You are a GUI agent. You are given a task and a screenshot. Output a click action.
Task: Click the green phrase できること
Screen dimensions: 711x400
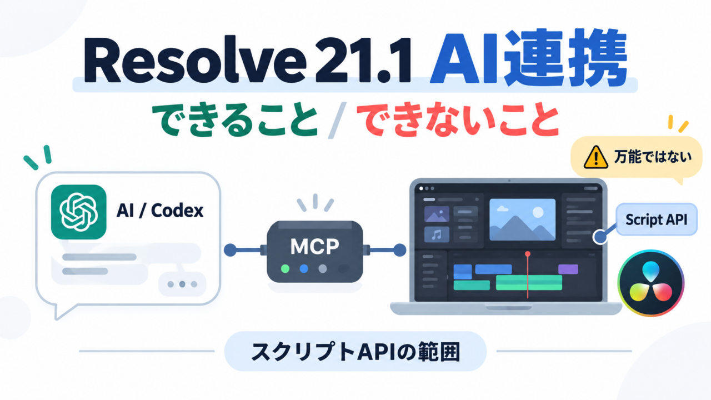pyautogui.click(x=236, y=119)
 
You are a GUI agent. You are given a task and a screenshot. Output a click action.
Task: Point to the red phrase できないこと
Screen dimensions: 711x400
pyautogui.click(x=457, y=119)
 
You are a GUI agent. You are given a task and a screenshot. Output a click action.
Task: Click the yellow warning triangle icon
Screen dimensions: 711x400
pyautogui.click(x=596, y=157)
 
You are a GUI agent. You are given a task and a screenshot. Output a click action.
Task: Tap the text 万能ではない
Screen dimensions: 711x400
pyautogui.click(x=653, y=157)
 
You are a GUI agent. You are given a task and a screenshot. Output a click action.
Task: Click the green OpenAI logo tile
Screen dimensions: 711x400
pyautogui.click(x=79, y=212)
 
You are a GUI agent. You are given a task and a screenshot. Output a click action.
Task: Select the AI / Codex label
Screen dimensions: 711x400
pyautogui.click(x=160, y=210)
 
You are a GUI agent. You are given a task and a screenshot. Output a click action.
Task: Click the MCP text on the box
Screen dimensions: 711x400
pyautogui.click(x=314, y=247)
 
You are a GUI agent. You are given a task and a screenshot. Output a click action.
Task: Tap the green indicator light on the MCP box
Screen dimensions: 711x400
pyautogui.click(x=286, y=268)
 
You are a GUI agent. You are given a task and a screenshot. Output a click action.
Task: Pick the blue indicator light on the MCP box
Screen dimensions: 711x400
pyautogui.click(x=304, y=268)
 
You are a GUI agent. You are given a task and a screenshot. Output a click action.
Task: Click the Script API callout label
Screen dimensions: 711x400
pyautogui.click(x=657, y=219)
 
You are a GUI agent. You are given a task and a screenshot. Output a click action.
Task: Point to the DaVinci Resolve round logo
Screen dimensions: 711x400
pyautogui.click(x=650, y=283)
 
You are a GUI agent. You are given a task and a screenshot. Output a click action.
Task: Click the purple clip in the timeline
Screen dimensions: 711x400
pyautogui.click(x=568, y=269)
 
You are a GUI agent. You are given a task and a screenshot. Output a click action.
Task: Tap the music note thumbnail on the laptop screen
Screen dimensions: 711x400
pyautogui.click(x=437, y=234)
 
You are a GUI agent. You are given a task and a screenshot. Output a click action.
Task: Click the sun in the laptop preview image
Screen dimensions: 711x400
pyautogui.click(x=538, y=212)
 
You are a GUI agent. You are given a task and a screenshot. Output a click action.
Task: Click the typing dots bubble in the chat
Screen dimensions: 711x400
pyautogui.click(x=182, y=284)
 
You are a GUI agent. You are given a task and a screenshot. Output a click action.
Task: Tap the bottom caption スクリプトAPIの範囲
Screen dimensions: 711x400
pyautogui.click(x=355, y=352)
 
